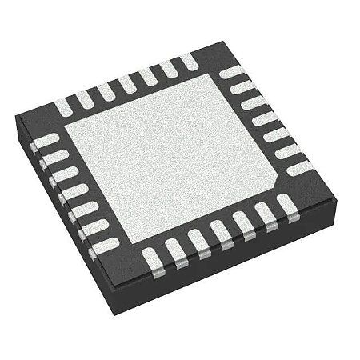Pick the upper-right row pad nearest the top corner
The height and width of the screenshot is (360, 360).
pos(233,74)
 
